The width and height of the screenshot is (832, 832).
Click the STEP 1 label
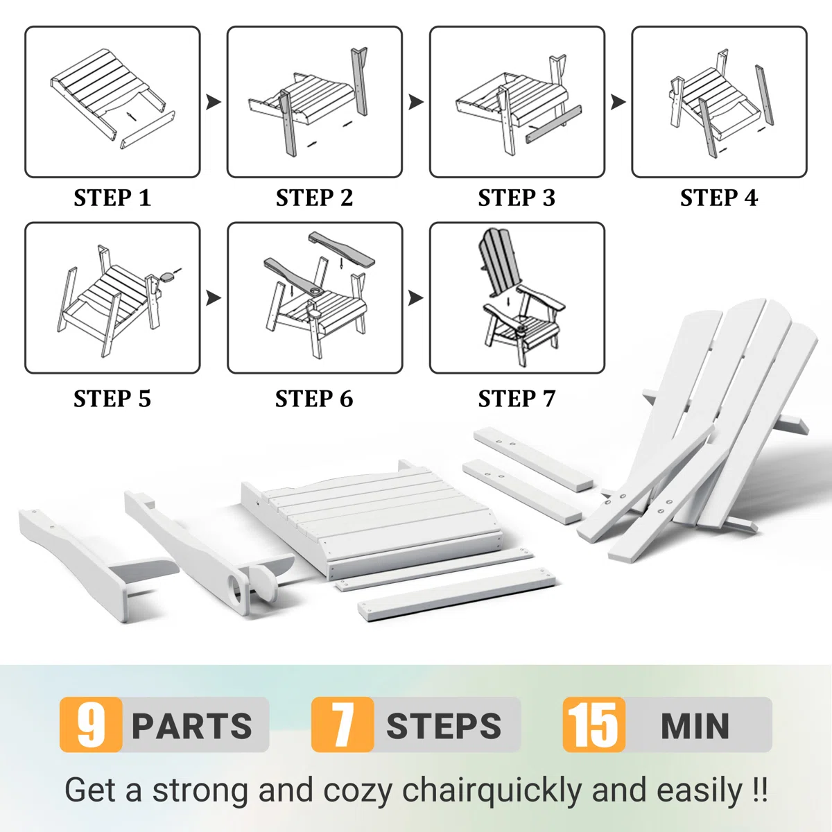pyautogui.click(x=112, y=198)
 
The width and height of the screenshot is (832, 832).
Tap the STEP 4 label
pyautogui.click(x=719, y=198)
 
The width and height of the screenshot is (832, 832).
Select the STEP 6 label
pyautogui.click(x=314, y=398)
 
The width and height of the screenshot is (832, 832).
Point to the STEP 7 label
pyautogui.click(x=517, y=398)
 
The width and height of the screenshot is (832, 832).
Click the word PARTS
pyautogui.click(x=192, y=726)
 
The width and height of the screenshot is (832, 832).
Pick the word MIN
pyautogui.click(x=695, y=726)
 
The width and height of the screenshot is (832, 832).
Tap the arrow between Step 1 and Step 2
pyautogui.click(x=214, y=102)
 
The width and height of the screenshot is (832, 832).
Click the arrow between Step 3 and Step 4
pyautogui.click(x=618, y=102)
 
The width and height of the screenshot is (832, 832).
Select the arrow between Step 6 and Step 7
pyautogui.click(x=416, y=297)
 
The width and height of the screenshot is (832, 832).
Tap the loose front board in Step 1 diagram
pyautogui.click(x=147, y=130)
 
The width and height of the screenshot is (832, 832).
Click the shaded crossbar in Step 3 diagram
pyautogui.click(x=554, y=124)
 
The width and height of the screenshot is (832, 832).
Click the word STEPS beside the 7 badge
pyautogui.click(x=444, y=726)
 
